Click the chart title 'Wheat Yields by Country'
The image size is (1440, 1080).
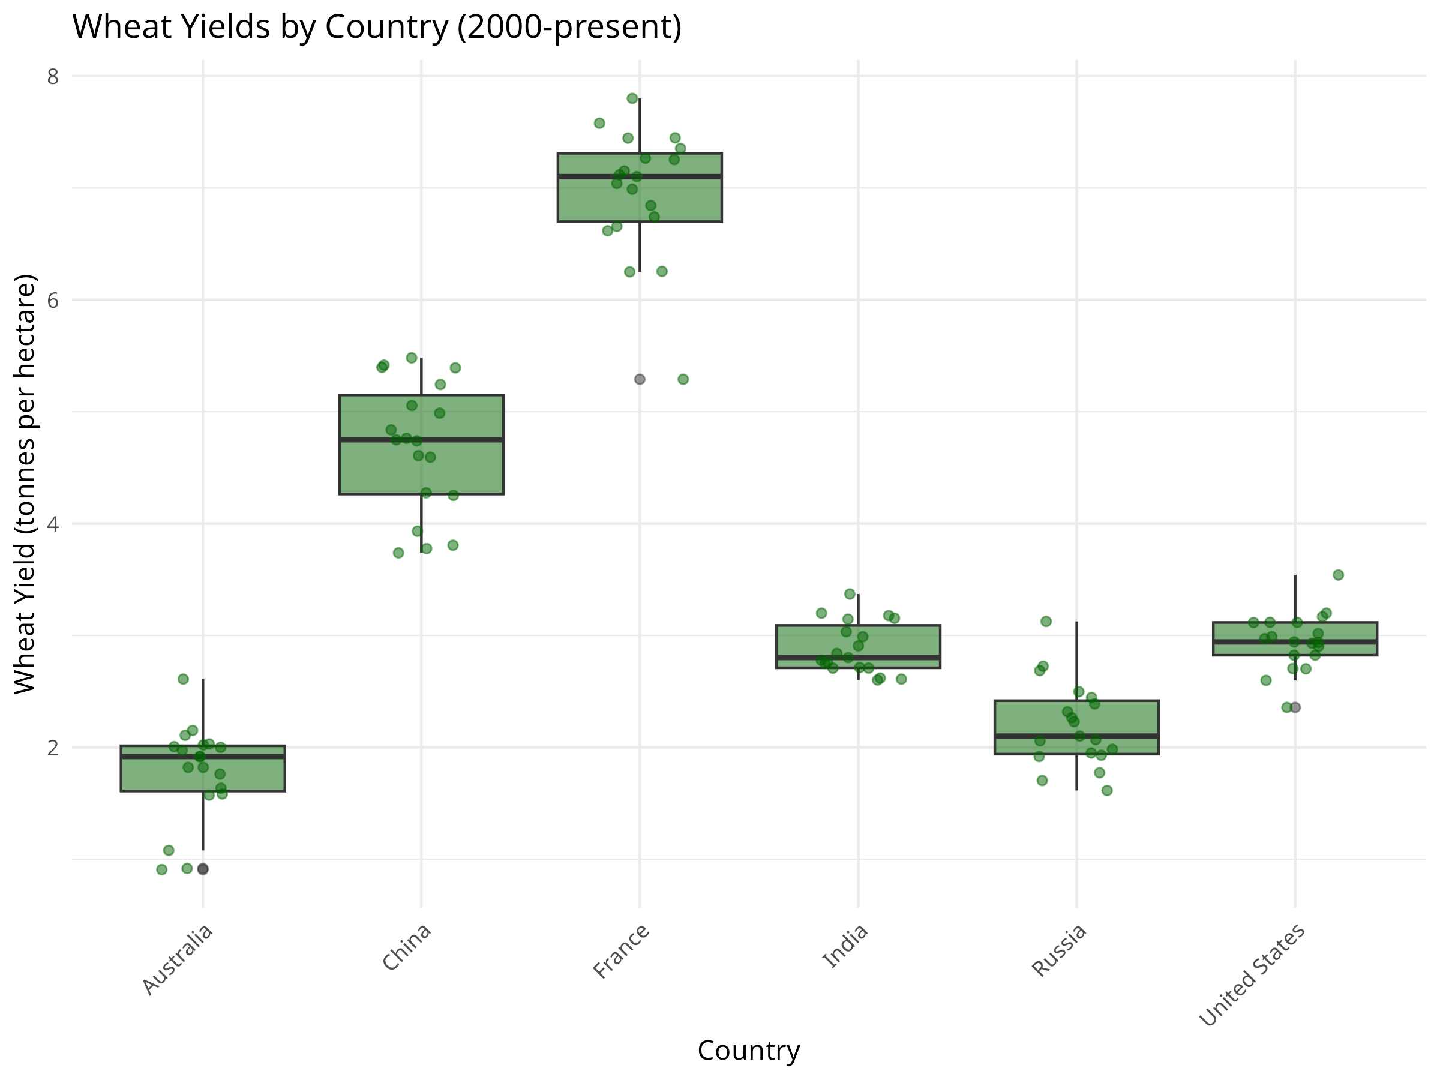(376, 28)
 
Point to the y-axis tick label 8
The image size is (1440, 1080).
(53, 77)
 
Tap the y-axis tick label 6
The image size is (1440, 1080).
(53, 301)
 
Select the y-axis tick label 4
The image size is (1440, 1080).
(53, 524)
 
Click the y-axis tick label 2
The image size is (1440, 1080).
(53, 748)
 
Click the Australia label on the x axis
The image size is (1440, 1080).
(178, 959)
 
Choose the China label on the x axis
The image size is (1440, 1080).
(407, 947)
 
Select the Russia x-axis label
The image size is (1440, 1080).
(1060, 950)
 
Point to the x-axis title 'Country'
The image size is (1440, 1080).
(749, 1051)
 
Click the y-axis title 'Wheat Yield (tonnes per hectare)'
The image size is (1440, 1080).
(25, 484)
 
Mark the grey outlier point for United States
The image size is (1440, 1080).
(1295, 707)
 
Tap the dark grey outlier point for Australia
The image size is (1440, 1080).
(203, 869)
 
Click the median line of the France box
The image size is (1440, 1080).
(640, 176)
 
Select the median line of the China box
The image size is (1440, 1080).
(421, 440)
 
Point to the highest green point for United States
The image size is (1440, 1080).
(1339, 575)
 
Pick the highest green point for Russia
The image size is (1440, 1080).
(1046, 622)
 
